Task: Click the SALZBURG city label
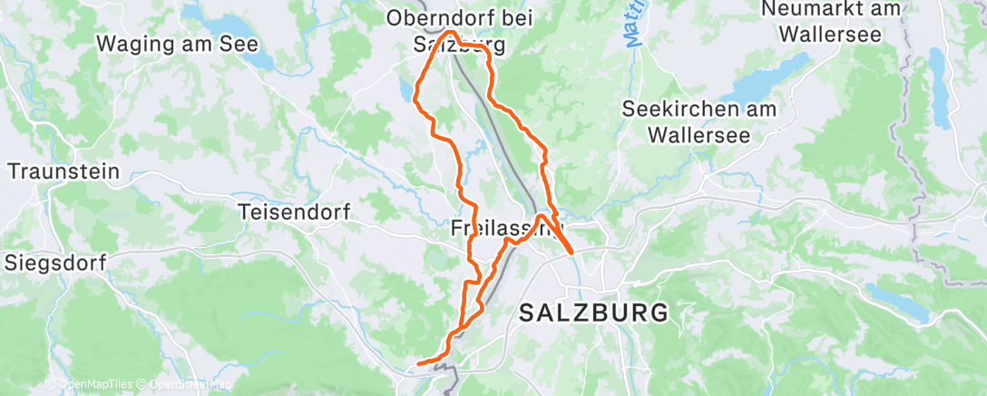(x=594, y=313)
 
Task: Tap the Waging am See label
(x=177, y=44)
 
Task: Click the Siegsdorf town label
(x=55, y=263)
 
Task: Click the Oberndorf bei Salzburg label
(x=459, y=30)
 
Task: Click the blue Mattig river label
(x=633, y=24)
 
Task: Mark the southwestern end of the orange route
(x=417, y=365)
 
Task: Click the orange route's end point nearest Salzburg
(x=572, y=252)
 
